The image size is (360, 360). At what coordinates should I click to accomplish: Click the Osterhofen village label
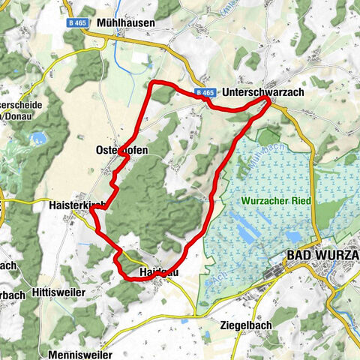pos(122,150)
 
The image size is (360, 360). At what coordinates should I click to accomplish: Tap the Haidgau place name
pos(157,272)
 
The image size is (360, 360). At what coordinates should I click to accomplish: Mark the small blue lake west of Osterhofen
pos(37,138)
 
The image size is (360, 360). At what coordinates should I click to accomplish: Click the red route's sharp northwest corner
pos(153,83)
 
